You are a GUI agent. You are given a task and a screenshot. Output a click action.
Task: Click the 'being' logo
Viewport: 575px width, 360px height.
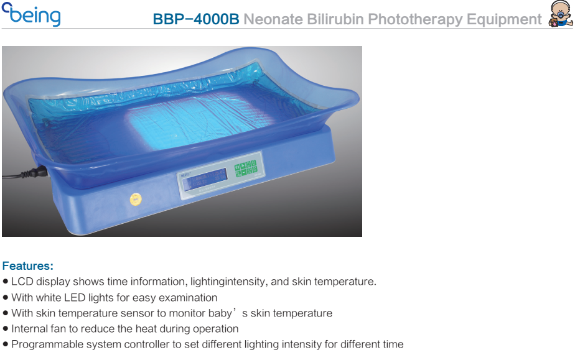(x=31, y=14)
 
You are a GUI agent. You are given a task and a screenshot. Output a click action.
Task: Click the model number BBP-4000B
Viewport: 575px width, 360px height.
(x=196, y=19)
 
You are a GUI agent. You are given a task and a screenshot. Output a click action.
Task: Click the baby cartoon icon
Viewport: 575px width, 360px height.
(x=560, y=14)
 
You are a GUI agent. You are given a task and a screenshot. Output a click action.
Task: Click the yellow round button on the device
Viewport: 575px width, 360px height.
(x=136, y=199)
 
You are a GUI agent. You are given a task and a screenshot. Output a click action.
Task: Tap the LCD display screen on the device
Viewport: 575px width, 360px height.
(x=205, y=180)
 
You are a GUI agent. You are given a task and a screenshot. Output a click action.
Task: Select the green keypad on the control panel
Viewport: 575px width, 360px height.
(x=246, y=169)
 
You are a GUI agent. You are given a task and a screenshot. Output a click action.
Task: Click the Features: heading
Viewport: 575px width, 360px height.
(x=28, y=265)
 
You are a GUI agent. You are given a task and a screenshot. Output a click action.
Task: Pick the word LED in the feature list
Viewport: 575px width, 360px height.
(x=75, y=297)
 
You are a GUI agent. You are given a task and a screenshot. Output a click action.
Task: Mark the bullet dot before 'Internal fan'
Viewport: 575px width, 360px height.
(x=5, y=328)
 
